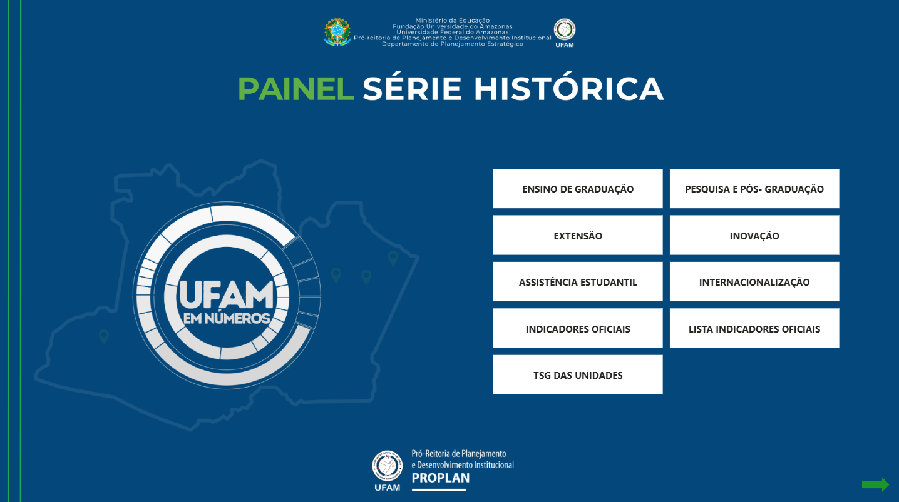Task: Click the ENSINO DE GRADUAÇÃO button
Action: (578, 188)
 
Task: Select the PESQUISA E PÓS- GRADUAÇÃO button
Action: (754, 188)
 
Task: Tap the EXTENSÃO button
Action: (578, 235)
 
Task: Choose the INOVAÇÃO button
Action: (754, 235)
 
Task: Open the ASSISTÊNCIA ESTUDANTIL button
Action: (578, 282)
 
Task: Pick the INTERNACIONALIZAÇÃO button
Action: (754, 282)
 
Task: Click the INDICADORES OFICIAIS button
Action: (578, 328)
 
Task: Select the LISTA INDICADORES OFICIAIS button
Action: (754, 328)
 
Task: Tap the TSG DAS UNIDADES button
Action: (578, 374)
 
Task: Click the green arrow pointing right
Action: (875, 484)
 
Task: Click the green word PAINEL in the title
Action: (296, 89)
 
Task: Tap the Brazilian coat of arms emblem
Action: (337, 32)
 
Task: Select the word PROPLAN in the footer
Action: (440, 478)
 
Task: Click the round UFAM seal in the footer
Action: (387, 466)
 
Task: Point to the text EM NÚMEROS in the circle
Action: (227, 318)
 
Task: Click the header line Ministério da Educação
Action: (452, 20)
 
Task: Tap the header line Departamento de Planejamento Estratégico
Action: (452, 44)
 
